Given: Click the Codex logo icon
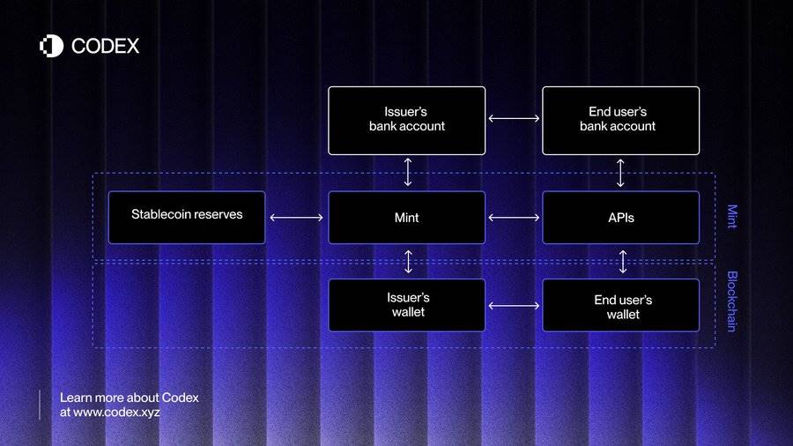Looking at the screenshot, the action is [x=52, y=46].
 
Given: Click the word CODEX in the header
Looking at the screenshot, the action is [x=105, y=46].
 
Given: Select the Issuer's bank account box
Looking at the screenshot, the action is [x=406, y=121].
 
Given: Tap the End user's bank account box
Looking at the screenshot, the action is [x=620, y=121].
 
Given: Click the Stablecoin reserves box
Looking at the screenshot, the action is [x=187, y=218].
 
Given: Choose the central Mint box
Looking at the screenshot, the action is [x=406, y=218].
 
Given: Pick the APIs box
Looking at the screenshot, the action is [x=620, y=218].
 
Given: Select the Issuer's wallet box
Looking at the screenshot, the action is [x=406, y=305].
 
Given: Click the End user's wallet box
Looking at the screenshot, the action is [x=620, y=305].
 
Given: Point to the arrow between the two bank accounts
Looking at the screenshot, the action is [x=514, y=118].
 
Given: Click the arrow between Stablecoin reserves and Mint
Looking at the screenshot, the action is [x=296, y=218].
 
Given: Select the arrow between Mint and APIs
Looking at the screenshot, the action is [x=514, y=218].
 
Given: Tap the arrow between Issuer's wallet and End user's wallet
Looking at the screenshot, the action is [x=514, y=306].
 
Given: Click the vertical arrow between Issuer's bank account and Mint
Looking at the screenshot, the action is [x=408, y=173].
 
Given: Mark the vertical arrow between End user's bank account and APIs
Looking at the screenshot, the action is [x=620, y=173].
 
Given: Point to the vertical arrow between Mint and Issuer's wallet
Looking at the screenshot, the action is [x=408, y=262].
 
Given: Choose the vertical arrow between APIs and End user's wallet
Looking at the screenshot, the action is [x=623, y=262].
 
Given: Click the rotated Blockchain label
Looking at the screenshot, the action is [x=732, y=301].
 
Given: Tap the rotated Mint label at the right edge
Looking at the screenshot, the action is [x=732, y=217].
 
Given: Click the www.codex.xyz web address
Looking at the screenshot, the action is [x=117, y=413].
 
